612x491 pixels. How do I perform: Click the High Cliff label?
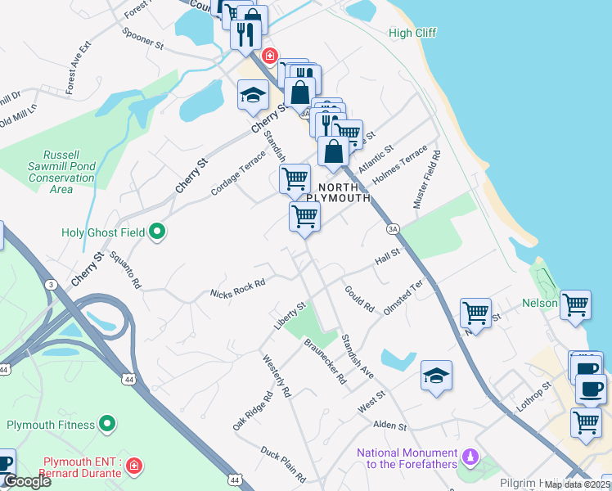coord(412,33)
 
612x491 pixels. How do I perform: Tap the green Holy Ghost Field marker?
coord(157,233)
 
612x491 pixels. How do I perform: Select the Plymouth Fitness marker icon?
coord(106,424)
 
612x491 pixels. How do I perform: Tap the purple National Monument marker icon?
coord(470,455)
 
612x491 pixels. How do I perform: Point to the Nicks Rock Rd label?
coord(237,288)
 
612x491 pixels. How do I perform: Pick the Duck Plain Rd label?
coord(283,464)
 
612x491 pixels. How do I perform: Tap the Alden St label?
coord(389,426)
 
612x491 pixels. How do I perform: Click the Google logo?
coord(26,481)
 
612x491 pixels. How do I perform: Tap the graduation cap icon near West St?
coord(437,376)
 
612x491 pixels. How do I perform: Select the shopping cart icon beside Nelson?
coord(575,304)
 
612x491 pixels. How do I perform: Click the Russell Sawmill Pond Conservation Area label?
coord(61,172)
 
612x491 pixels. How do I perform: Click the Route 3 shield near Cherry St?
coord(52,284)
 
